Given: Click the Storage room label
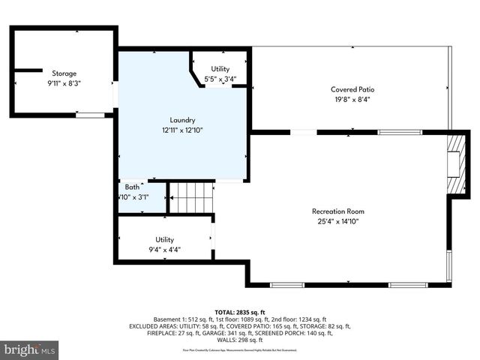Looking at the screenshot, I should [64, 73].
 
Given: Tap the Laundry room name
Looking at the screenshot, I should [182, 120].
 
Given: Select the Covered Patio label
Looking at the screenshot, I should [352, 89].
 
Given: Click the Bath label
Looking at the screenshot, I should [132, 187].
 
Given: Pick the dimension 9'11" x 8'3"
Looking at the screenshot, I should [64, 83].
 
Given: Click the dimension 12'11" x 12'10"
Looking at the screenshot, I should [182, 130].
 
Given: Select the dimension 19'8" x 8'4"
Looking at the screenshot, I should [352, 99].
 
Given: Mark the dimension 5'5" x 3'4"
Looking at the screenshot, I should [220, 78].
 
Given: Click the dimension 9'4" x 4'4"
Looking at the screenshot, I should [164, 250].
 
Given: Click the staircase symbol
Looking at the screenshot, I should [191, 196].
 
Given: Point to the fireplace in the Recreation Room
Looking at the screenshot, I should [452, 163].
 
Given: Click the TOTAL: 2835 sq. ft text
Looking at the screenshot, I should [240, 312].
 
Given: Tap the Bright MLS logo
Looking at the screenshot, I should [29, 349].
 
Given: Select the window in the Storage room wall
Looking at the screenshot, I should [90, 115].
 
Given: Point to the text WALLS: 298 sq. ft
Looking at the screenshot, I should [240, 340].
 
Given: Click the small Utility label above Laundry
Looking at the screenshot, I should [220, 69].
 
